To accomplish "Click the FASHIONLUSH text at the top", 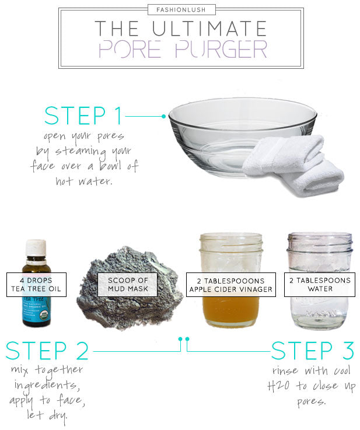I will [x=180, y=10].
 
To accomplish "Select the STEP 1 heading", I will [x=83, y=116].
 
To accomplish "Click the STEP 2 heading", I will [x=47, y=351].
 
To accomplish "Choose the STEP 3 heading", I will [x=312, y=351].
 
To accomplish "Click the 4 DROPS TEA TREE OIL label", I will [x=36, y=284].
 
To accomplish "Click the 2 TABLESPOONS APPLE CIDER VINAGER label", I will [x=230, y=284].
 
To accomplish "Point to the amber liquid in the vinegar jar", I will [x=230, y=312].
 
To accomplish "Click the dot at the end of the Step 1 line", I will [x=164, y=116].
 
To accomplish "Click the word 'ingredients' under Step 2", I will [x=46, y=386].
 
